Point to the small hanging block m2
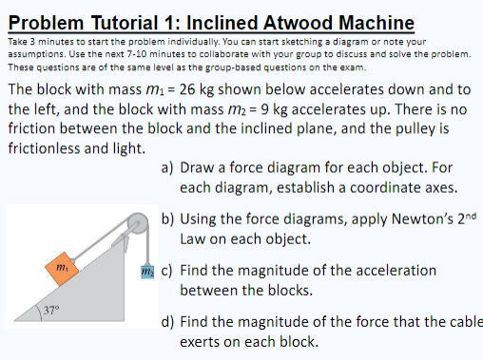pyautogui.click(x=145, y=271)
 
